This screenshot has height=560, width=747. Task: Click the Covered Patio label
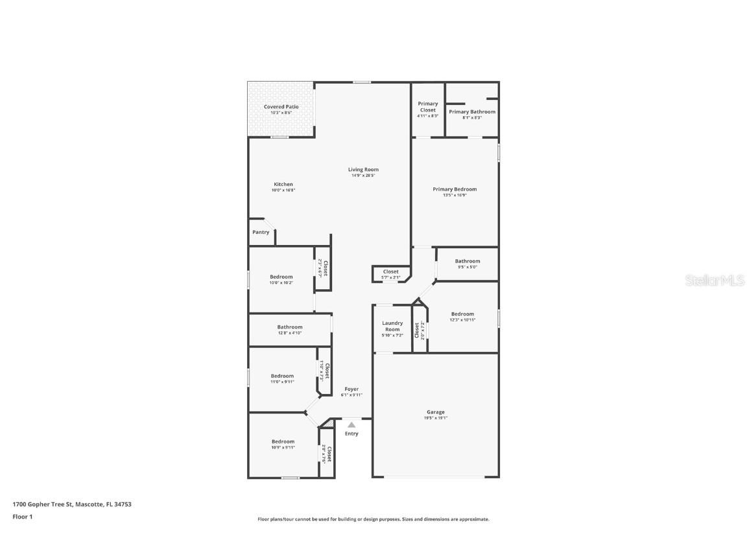click(281, 107)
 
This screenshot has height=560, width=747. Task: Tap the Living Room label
click(363, 170)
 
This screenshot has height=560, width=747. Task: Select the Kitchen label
click(283, 185)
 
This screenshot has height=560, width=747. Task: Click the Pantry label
click(261, 232)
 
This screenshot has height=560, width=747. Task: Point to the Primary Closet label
click(427, 107)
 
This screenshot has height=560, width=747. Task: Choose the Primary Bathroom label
click(472, 111)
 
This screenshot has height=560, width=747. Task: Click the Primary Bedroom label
click(455, 189)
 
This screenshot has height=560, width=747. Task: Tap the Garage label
click(435, 412)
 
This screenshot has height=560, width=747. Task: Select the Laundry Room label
click(392, 326)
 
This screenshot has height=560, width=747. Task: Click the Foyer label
click(351, 390)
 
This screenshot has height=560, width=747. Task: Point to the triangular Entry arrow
click(351, 425)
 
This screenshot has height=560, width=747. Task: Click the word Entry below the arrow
click(351, 434)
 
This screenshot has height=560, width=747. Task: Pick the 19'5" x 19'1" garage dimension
click(435, 418)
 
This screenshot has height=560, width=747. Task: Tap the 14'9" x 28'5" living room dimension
click(363, 176)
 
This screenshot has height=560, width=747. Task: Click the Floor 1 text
click(22, 517)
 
